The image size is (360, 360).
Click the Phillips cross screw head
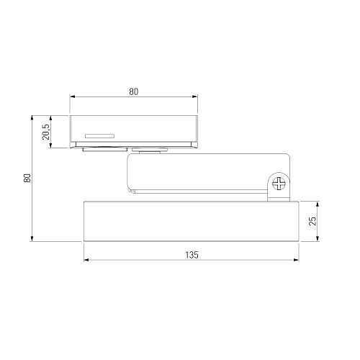[x=279, y=184]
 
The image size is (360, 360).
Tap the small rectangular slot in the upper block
[x=99, y=136]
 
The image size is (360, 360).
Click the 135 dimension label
[x=192, y=255]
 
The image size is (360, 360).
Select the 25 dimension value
[x=312, y=221]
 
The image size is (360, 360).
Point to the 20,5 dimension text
[x=45, y=132]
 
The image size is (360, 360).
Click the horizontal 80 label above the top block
[x=134, y=91]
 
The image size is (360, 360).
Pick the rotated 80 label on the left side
[x=27, y=178]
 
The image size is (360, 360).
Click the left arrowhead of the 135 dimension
[x=86, y=260]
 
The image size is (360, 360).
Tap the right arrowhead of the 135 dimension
[x=296, y=260]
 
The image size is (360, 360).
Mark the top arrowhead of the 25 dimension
[x=318, y=204]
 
